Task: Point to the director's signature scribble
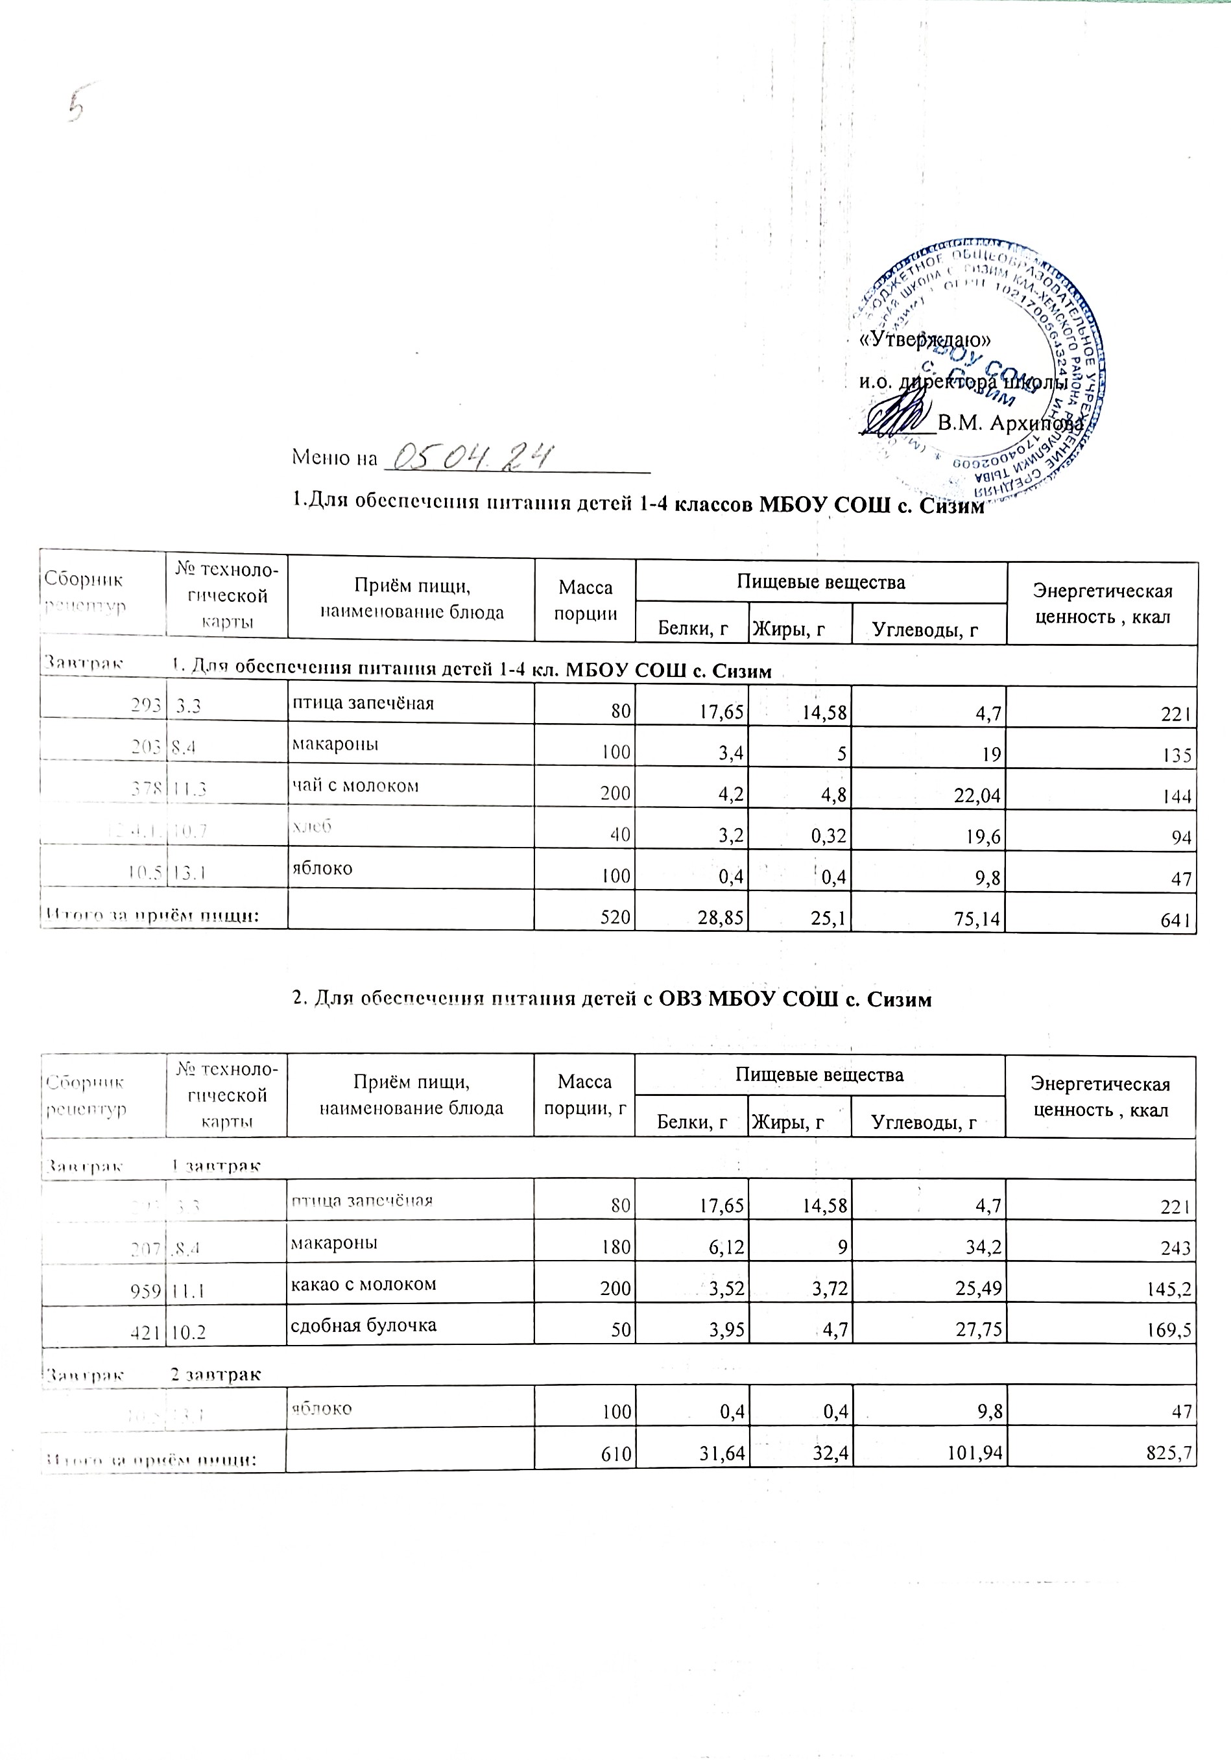click(897, 416)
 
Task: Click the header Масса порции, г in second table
click(584, 1094)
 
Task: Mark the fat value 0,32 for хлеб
click(827, 837)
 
